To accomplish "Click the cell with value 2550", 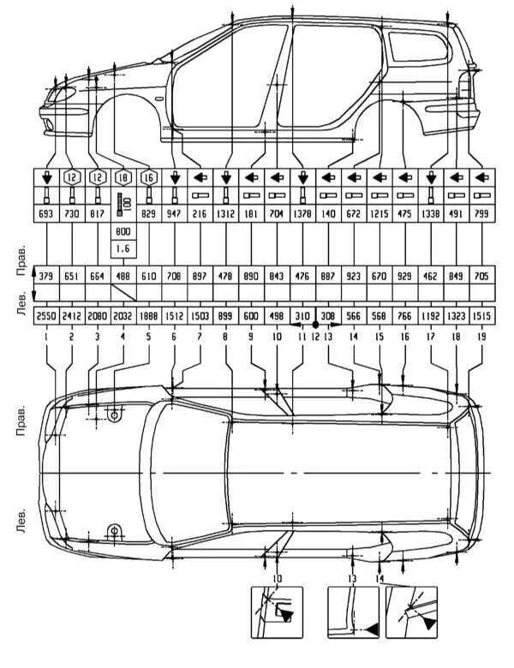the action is click(46, 316).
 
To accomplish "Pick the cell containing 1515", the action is click(482, 316).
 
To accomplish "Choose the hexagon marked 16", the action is click(148, 178).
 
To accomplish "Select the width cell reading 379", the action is click(46, 275).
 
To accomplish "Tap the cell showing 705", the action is click(482, 275).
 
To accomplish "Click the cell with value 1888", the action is click(148, 316).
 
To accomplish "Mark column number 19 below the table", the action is click(482, 337).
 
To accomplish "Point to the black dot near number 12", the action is click(315, 325).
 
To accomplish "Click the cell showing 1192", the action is click(431, 316).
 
